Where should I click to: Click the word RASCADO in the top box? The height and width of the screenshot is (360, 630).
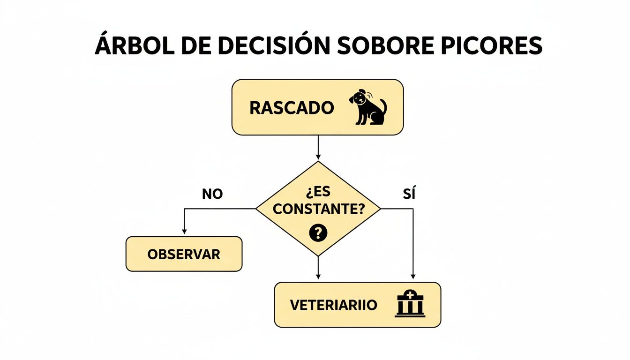(x=291, y=108)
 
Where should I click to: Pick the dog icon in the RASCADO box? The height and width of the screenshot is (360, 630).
(x=368, y=107)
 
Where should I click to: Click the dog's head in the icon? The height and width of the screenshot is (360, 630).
(x=359, y=98)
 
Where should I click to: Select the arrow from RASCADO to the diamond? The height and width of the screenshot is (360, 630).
(x=318, y=148)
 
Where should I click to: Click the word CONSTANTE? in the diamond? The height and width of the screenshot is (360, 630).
(x=318, y=210)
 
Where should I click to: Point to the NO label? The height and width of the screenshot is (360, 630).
(x=212, y=194)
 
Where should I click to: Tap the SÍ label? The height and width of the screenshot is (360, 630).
(x=409, y=194)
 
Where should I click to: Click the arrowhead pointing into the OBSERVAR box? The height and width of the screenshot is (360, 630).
(x=184, y=231)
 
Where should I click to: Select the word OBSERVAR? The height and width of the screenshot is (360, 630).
(x=184, y=254)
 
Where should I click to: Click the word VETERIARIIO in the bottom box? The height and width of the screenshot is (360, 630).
(x=333, y=305)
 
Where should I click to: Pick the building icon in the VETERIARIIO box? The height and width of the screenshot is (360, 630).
(x=410, y=304)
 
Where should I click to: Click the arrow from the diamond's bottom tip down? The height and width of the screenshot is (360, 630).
(x=318, y=269)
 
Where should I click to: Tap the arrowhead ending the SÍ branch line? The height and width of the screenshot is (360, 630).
(x=413, y=277)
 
